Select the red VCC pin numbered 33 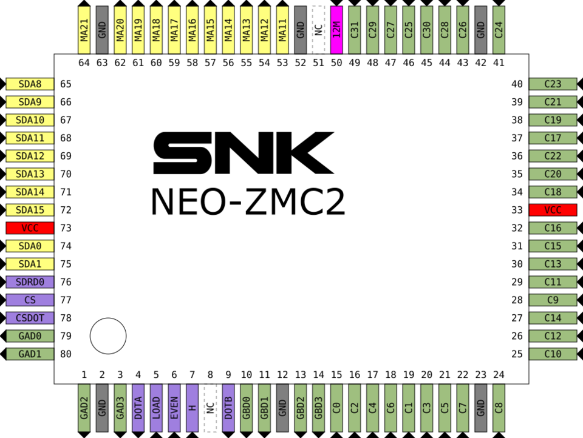[x=553, y=210]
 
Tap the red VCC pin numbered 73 [x=30, y=228]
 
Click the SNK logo [x=244, y=153]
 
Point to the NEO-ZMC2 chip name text [x=248, y=201]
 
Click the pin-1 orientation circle [x=108, y=335]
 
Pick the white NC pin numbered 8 [x=210, y=408]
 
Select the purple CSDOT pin [x=30, y=318]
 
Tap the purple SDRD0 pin [x=30, y=282]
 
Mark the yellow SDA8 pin [x=30, y=84]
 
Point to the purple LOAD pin [x=156, y=408]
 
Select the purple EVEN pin [x=174, y=408]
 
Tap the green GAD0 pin [x=30, y=336]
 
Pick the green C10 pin [x=553, y=354]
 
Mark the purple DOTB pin [x=228, y=408]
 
